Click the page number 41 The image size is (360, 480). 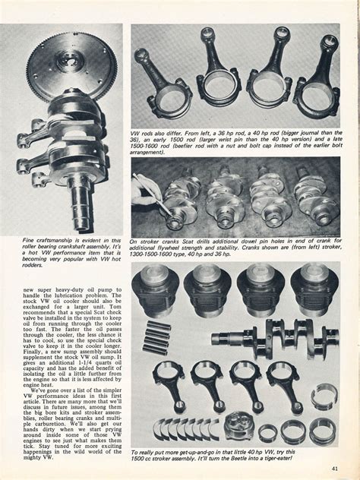[x=335, y=468]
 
